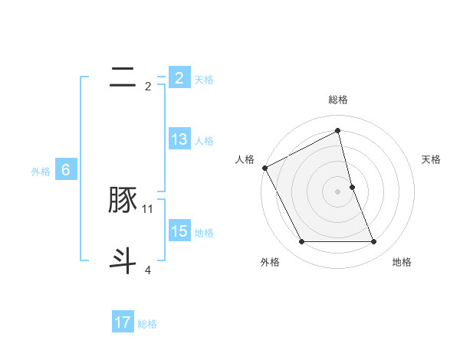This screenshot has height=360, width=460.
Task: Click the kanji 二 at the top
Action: coord(123,77)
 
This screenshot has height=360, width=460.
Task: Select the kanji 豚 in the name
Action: coord(123,201)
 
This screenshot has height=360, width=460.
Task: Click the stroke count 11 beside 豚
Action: coord(148,209)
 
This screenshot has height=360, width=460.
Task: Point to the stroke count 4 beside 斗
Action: coord(148,270)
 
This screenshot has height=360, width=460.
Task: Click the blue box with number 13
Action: coord(179,139)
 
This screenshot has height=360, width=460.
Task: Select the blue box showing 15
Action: coord(179,231)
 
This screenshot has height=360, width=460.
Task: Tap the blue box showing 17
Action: coord(123,322)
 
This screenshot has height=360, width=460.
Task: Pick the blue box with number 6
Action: coord(66,170)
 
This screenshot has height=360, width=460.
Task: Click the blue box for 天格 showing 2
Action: coord(179,78)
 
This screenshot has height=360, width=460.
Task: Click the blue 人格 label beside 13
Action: coord(204,141)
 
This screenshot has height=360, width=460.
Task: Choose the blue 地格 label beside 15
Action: coord(204,233)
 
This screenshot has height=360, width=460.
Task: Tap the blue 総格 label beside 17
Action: coord(147,324)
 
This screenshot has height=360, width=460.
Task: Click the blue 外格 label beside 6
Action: coord(41,172)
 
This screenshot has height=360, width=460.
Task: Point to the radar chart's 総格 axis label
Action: coord(338,100)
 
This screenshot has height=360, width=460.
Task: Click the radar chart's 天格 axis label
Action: coord(432,159)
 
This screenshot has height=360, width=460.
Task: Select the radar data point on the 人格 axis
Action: coord(264,168)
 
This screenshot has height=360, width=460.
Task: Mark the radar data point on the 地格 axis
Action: coord(374,242)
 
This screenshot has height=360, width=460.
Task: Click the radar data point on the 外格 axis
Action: coord(301,242)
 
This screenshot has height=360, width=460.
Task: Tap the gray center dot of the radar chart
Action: coord(338,191)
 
